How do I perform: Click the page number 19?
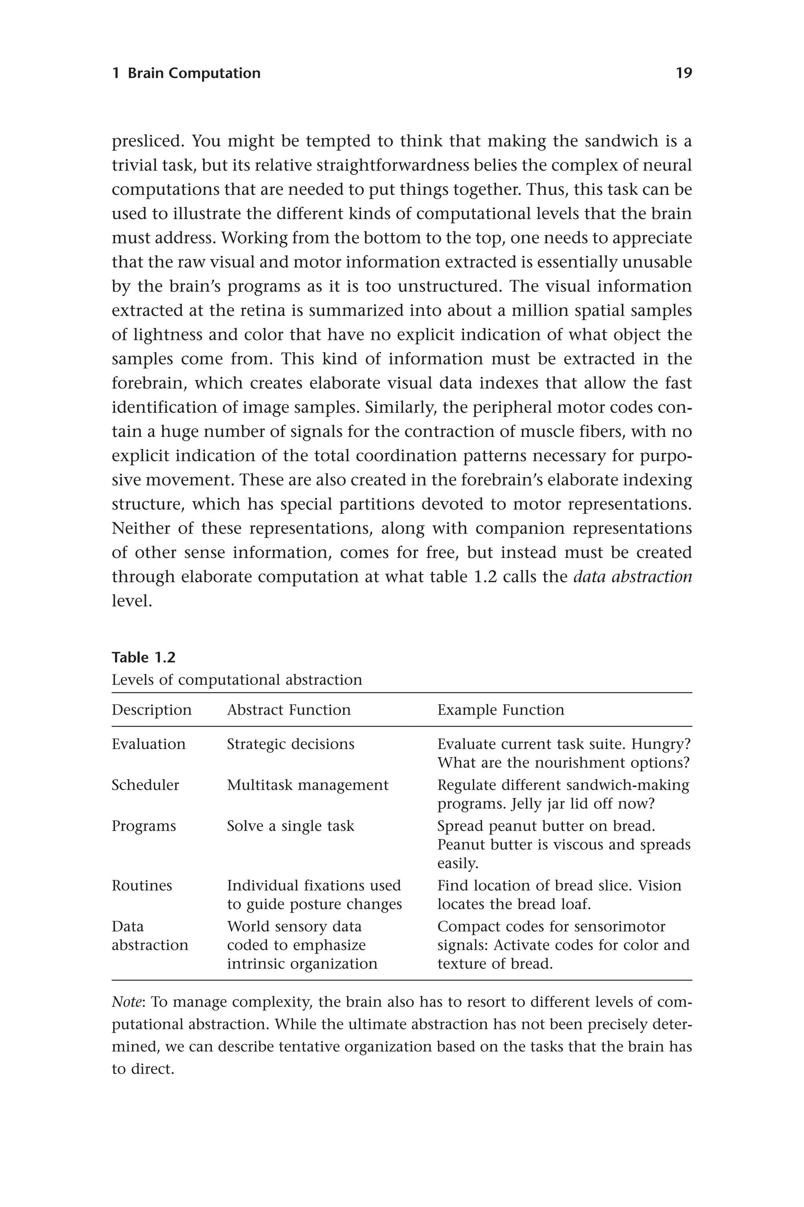coord(683,73)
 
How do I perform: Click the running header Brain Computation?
coord(194,73)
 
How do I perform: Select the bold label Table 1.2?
coord(144,657)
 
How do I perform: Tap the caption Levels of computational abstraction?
coord(237,680)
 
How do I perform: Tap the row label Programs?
coord(144,826)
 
